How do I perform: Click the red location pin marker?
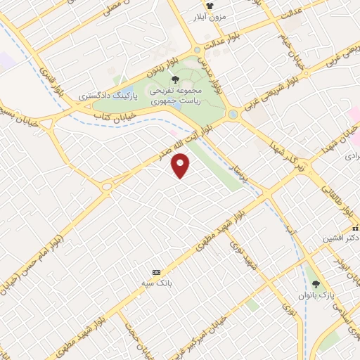click(181, 166)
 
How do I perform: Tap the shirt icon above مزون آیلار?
click(209, 5)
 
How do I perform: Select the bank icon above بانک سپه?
click(156, 272)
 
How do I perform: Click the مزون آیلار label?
click(209, 16)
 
